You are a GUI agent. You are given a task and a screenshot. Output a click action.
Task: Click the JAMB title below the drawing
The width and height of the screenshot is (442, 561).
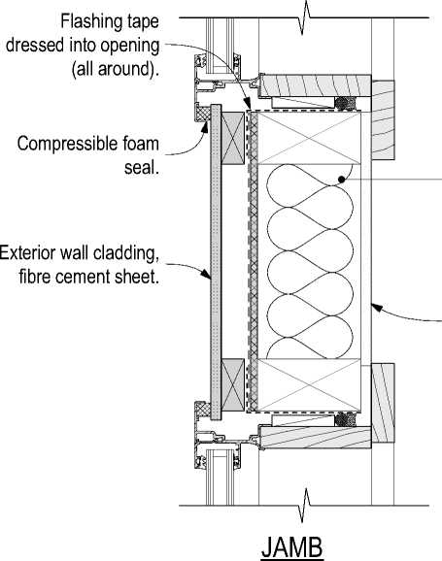(x=292, y=546)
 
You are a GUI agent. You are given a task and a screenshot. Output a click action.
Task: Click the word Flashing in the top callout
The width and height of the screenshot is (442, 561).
(x=85, y=21)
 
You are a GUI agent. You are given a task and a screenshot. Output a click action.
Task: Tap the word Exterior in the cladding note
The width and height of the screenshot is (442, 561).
(x=27, y=253)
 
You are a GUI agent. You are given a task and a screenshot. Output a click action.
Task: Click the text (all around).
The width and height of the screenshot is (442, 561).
(x=115, y=68)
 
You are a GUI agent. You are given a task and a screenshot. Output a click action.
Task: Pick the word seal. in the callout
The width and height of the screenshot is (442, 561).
(x=142, y=167)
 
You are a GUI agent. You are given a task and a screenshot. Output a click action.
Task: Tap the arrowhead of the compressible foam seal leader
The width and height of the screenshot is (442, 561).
(x=205, y=126)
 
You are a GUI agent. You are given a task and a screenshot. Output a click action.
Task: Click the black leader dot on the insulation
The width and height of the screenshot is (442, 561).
(x=342, y=180)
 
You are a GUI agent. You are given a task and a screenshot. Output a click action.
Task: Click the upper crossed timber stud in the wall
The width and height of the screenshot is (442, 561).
(x=310, y=138)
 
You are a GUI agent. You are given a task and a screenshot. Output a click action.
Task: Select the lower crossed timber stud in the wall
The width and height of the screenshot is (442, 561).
(x=310, y=384)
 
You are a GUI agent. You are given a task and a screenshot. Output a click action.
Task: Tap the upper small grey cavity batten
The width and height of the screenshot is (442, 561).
(x=233, y=138)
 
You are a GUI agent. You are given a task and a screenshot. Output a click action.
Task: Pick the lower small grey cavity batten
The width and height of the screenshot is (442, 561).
(x=233, y=385)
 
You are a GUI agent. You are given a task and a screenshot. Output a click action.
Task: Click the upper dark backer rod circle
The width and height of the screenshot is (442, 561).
(x=345, y=104)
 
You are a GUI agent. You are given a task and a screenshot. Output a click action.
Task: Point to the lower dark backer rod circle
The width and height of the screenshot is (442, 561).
(x=345, y=419)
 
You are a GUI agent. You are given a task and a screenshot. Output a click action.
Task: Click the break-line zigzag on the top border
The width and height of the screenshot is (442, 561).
(x=306, y=17)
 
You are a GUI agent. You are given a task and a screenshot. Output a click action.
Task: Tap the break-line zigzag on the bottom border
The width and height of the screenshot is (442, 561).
(x=306, y=506)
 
